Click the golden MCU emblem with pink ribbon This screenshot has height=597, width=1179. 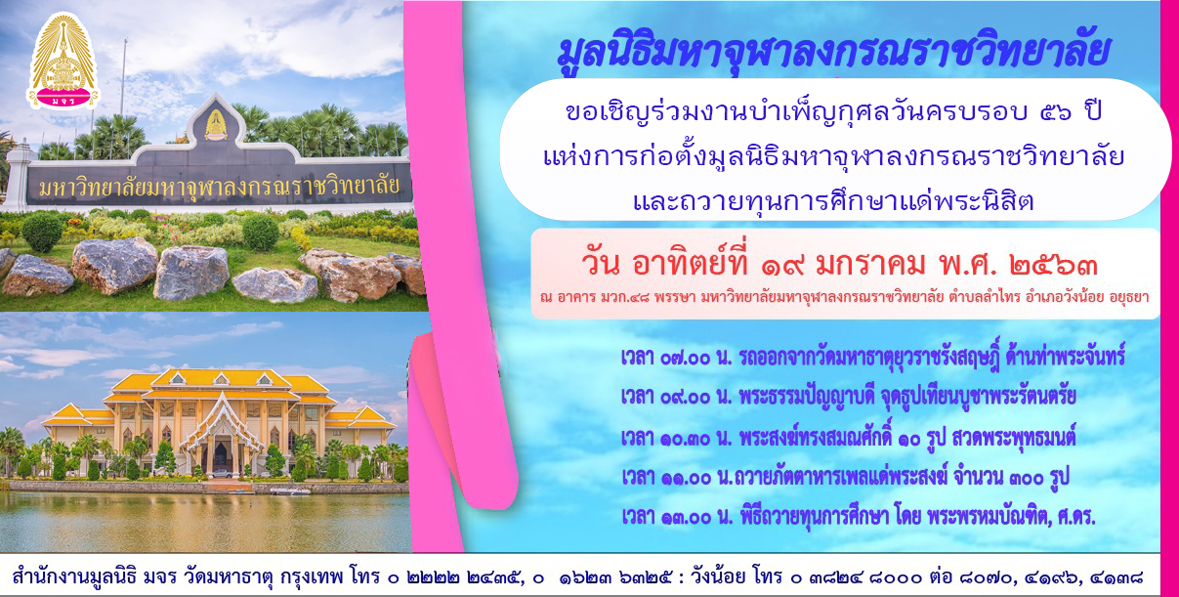pyautogui.click(x=63, y=61)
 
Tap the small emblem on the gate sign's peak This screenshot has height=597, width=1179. pyautogui.click(x=215, y=125)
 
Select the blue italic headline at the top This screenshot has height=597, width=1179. pyautogui.click(x=833, y=53)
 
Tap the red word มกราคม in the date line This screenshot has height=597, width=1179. pyautogui.click(x=870, y=266)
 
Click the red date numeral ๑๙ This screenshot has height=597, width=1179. pyautogui.click(x=782, y=266)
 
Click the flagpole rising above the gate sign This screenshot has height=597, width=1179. pyautogui.click(x=124, y=84)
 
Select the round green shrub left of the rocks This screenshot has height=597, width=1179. pyautogui.click(x=42, y=232)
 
